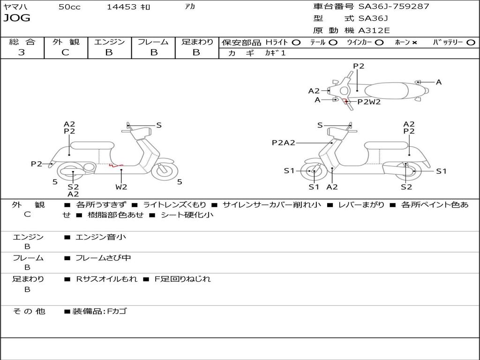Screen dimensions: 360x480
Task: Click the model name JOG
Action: pos(16,18)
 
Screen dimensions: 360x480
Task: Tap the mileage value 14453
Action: pos(122,7)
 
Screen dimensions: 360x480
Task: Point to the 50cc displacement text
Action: pos(69,7)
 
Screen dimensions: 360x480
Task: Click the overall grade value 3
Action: pos(22,52)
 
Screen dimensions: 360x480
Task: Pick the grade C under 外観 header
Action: pos(65,52)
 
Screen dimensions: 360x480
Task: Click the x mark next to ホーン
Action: pos(414,42)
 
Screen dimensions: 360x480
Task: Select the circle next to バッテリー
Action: pos(471,42)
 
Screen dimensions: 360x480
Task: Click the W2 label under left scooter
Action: pos(121,187)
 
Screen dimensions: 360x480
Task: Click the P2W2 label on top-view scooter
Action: pos(369,102)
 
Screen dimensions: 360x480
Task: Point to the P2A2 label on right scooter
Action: pos(284,143)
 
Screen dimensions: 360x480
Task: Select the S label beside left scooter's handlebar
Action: pos(159,125)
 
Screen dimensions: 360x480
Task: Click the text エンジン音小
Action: pos(101,237)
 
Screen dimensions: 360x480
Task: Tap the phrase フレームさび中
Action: pos(103,258)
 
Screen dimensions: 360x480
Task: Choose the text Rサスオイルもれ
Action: pos(107,279)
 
